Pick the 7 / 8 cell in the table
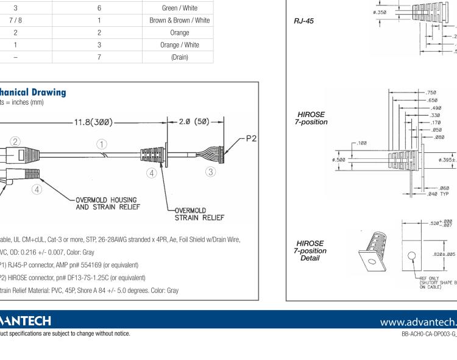tap(15, 20)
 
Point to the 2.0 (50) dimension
tap(194, 122)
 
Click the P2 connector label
tap(250, 138)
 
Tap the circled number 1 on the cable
tap(102, 144)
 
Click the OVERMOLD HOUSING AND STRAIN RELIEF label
tap(107, 203)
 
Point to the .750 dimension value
tap(431, 93)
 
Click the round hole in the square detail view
tap(412, 255)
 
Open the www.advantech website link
tap(417, 320)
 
